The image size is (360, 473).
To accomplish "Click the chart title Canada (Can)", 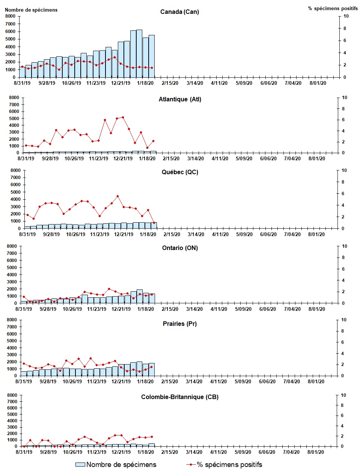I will [x=179, y=12].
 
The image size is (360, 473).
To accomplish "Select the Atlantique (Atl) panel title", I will [x=180, y=99].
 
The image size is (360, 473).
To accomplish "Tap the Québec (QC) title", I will [x=180, y=172].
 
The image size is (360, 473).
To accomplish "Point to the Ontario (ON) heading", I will [x=180, y=248].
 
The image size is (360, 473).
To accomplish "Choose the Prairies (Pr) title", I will [x=179, y=324].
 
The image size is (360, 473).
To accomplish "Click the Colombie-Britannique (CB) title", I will [x=179, y=397].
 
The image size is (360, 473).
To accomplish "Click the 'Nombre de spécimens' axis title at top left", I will [x=31, y=10].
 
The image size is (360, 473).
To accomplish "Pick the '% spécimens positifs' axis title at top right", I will [x=333, y=8].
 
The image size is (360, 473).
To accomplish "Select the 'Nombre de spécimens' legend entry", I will [x=116, y=465].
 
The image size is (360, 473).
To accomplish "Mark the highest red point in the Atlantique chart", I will [x=123, y=117].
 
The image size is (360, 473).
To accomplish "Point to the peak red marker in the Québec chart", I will [x=117, y=196].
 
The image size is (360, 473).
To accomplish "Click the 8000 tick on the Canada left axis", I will [x=10, y=16].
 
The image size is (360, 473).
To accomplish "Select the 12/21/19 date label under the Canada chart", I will [x=121, y=83].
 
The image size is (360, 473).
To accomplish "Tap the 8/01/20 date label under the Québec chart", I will [x=316, y=235].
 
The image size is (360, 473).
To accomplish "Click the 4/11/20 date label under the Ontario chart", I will [x=218, y=309].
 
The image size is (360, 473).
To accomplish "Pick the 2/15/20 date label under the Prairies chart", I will [x=170, y=382].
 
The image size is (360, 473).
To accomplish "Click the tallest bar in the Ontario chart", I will [x=139, y=296].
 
